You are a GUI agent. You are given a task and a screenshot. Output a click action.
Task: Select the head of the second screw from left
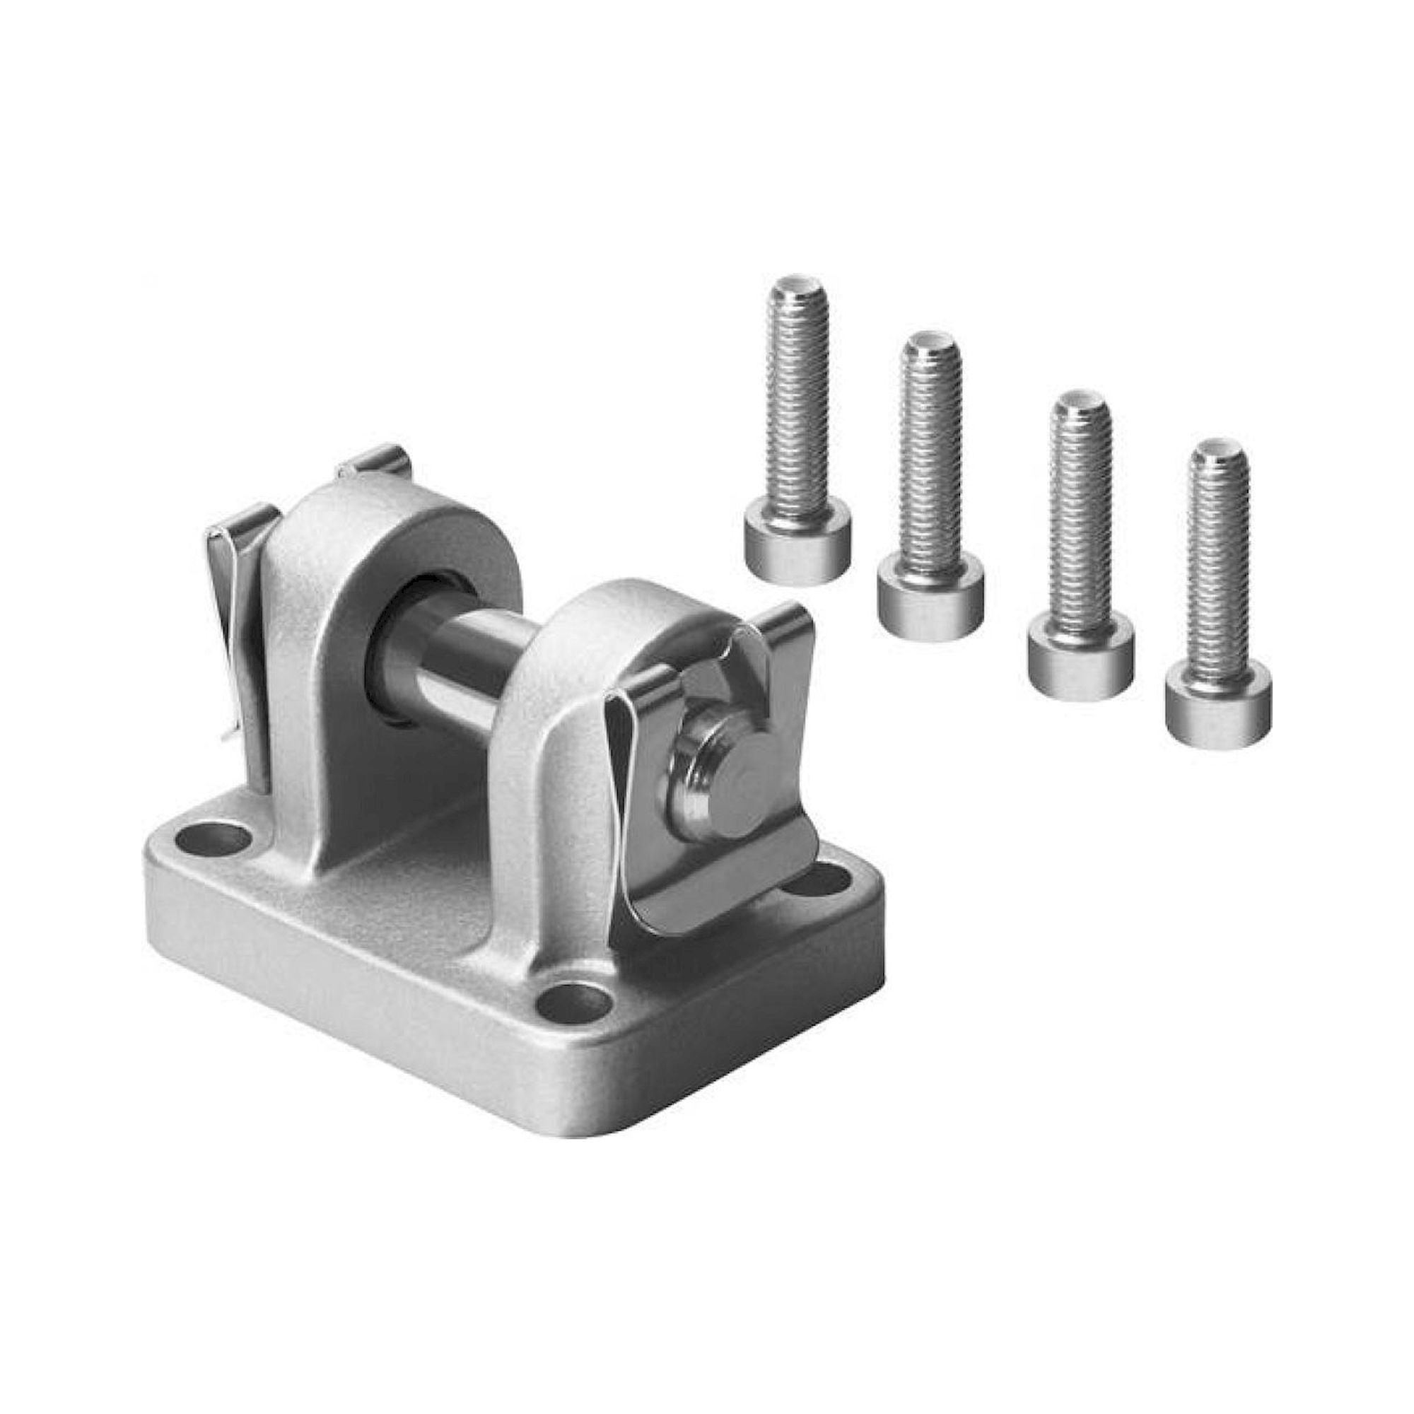pyautogui.click(x=930, y=600)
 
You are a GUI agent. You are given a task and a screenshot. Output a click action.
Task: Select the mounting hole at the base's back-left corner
pyautogui.click(x=213, y=836)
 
